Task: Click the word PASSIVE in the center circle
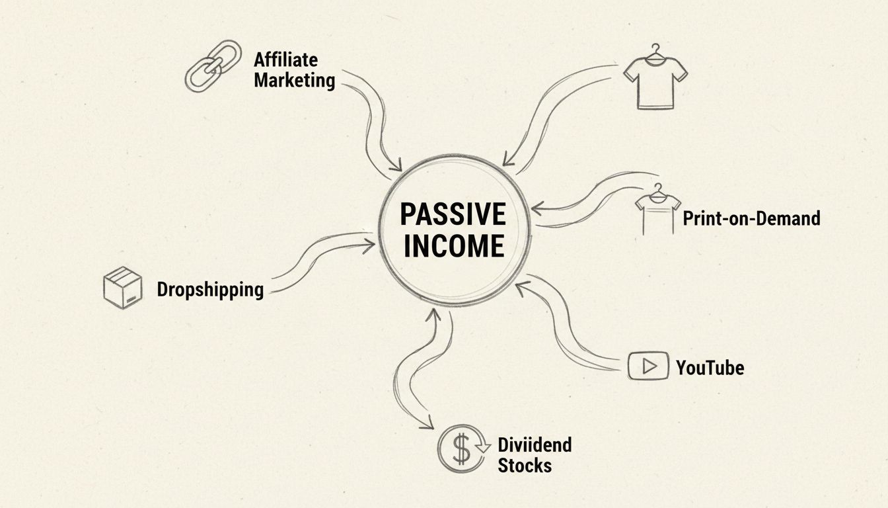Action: [x=453, y=215]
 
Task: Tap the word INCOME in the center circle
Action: [x=453, y=246]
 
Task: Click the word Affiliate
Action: [x=285, y=60]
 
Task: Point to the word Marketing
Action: [x=294, y=81]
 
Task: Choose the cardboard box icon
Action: [x=123, y=288]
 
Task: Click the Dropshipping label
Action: [x=210, y=289]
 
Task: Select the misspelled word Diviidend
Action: [x=535, y=444]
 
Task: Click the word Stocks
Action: [x=525, y=465]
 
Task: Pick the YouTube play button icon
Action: [x=646, y=366]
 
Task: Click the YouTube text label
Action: [x=710, y=367]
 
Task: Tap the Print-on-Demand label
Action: [x=751, y=218]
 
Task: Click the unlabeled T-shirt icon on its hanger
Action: [x=655, y=79]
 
